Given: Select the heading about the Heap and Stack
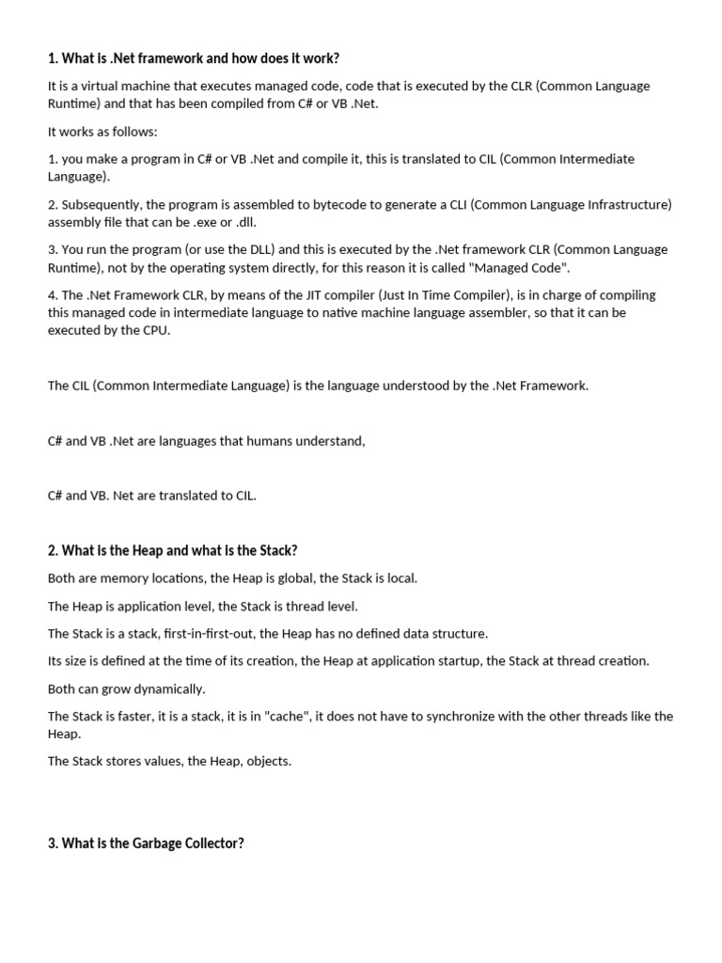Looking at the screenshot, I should point(172,550).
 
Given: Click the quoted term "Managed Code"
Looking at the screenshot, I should point(528,267).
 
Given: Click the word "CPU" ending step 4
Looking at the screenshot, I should point(156,330).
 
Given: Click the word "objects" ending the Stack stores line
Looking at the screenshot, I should point(269,761).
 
